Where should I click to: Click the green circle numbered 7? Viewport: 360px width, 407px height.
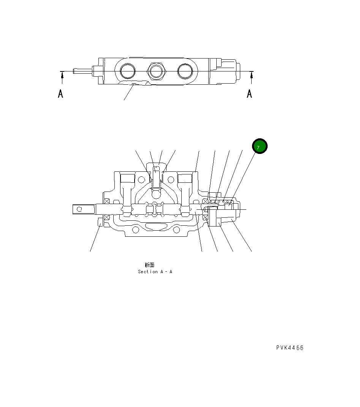pyautogui.click(x=260, y=147)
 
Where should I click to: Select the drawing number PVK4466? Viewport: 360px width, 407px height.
pyautogui.click(x=290, y=348)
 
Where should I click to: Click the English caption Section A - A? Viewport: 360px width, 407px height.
pyautogui.click(x=155, y=272)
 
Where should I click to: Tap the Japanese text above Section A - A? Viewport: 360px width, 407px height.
pyautogui.click(x=149, y=265)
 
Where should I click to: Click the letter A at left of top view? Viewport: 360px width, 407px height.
pyautogui.click(x=60, y=93)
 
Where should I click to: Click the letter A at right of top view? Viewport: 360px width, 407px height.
pyautogui.click(x=249, y=93)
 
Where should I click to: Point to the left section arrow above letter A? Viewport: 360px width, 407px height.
pyautogui.click(x=62, y=77)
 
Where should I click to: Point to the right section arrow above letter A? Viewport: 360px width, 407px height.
pyautogui.click(x=251, y=77)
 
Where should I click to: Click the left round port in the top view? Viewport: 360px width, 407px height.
pyautogui.click(x=127, y=71)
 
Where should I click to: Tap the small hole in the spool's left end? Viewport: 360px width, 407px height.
pyautogui.click(x=79, y=209)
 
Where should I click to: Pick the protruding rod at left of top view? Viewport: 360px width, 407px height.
pyautogui.click(x=83, y=71)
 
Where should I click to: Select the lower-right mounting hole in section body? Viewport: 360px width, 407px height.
pyautogui.click(x=176, y=230)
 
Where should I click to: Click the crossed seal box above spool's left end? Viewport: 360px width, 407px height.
pyautogui.click(x=107, y=201)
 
